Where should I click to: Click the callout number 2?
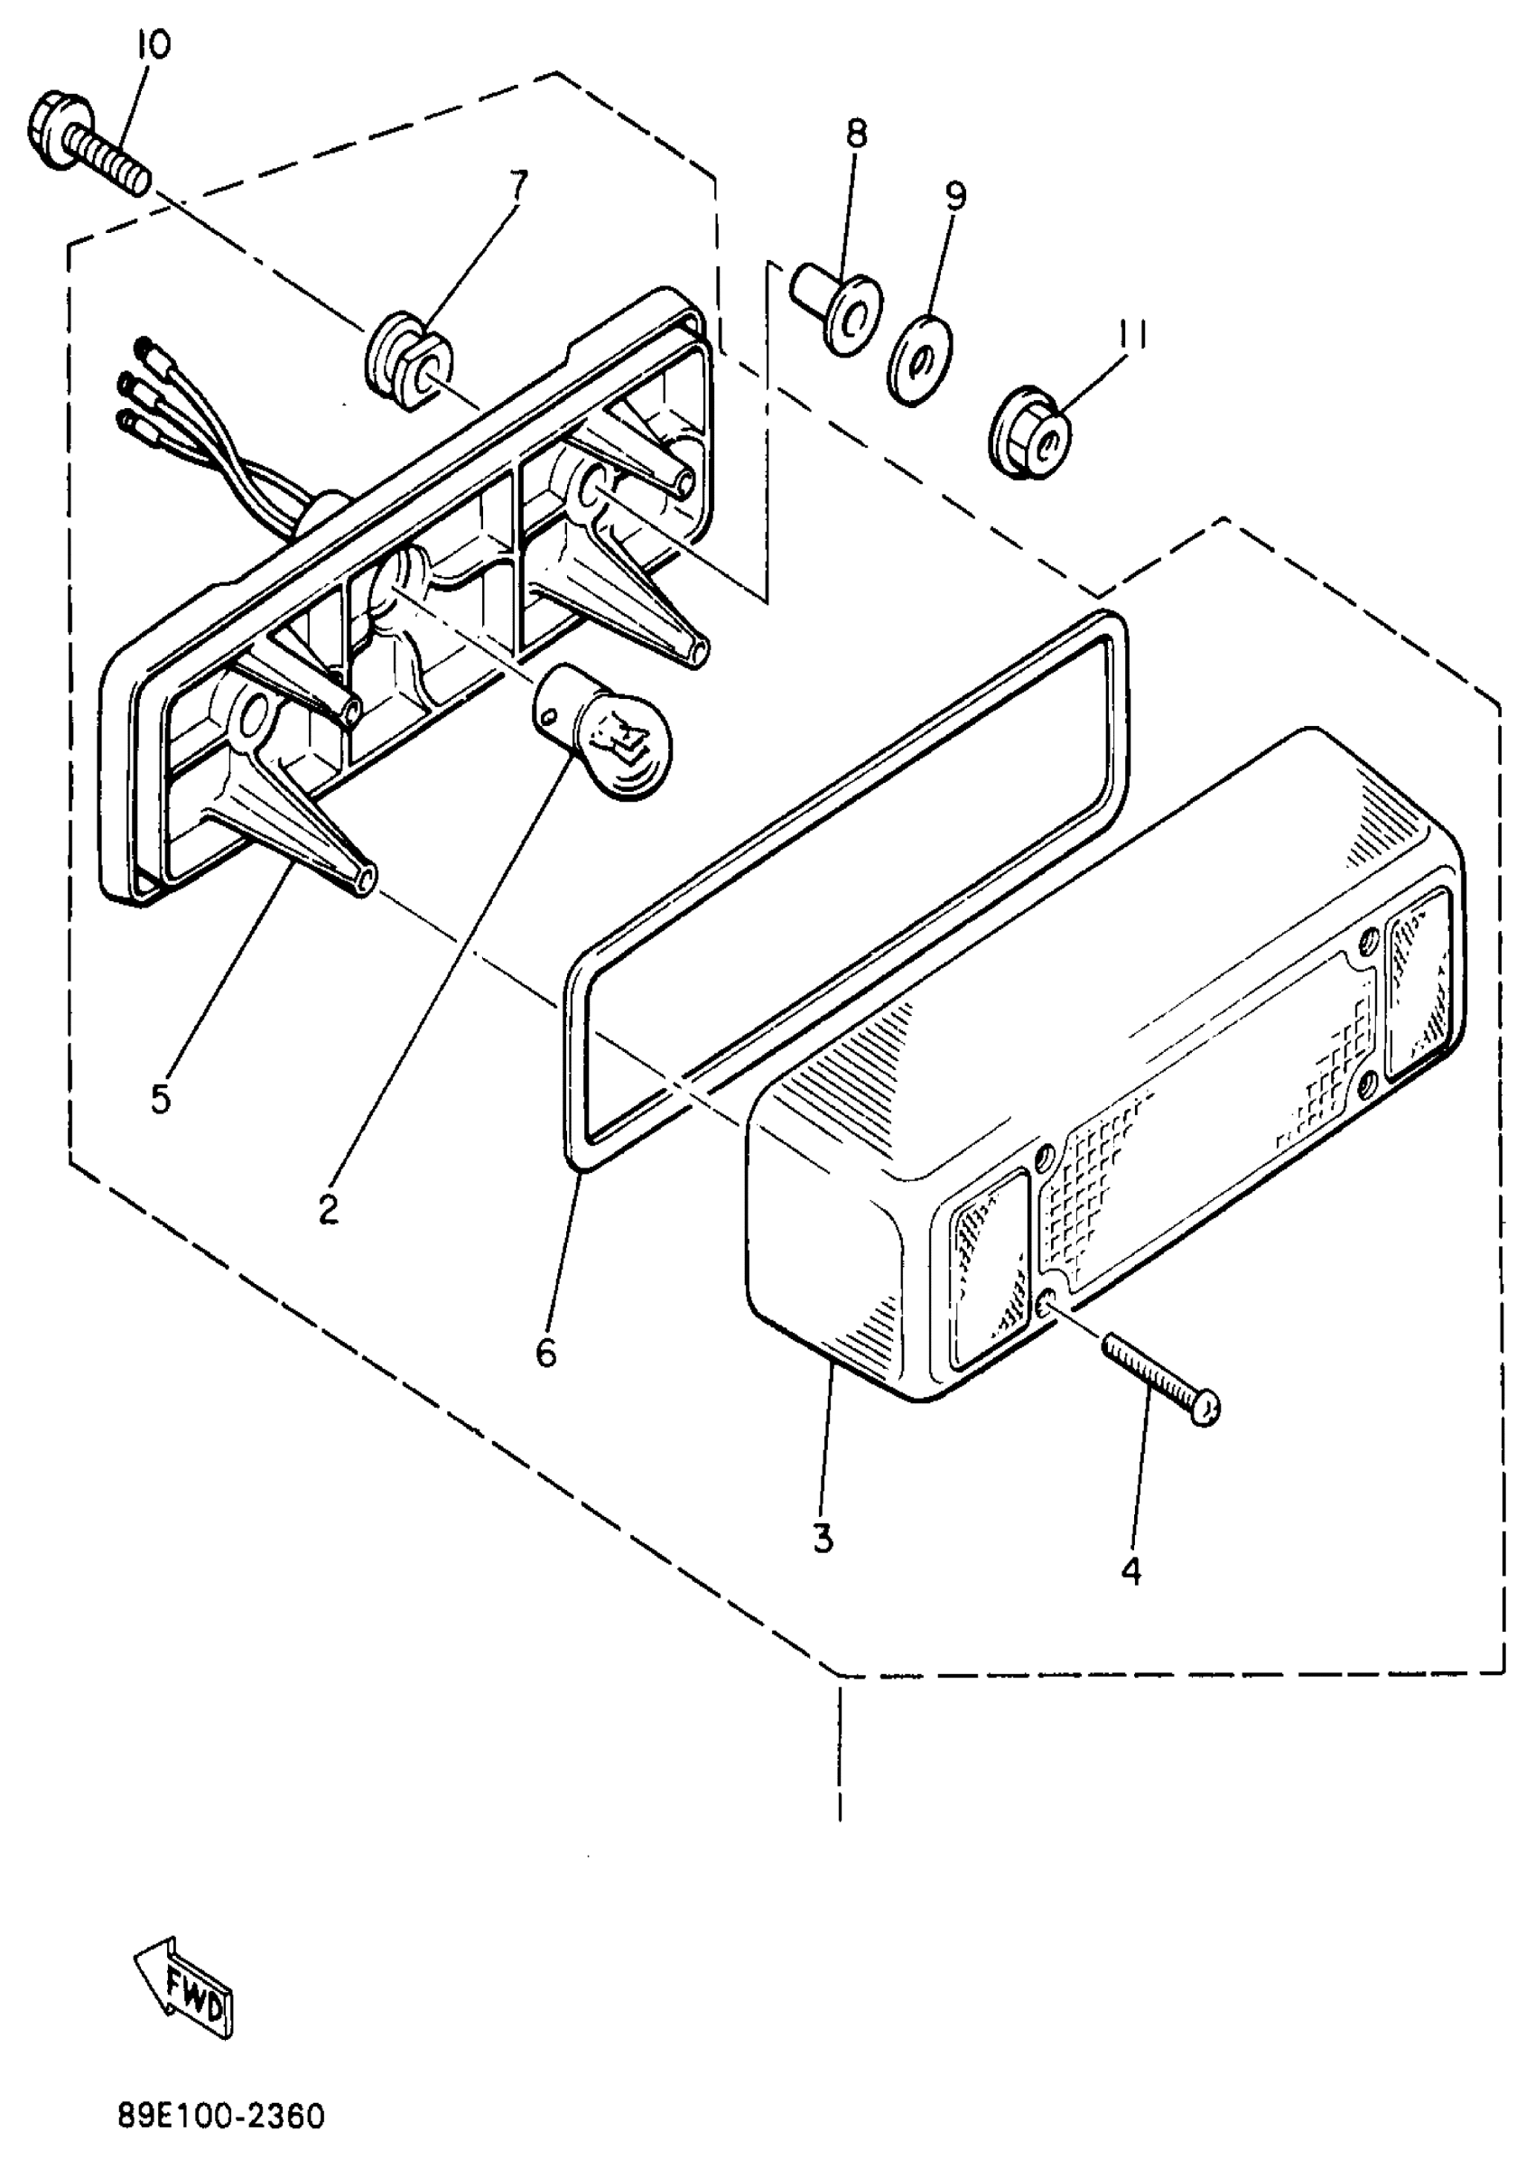point(328,1209)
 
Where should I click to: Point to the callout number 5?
point(161,1098)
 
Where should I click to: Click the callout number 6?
point(546,1354)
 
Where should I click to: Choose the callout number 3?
point(823,1539)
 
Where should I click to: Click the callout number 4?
point(1131,1571)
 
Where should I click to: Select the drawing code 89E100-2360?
point(221,2116)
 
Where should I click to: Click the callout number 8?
point(855,135)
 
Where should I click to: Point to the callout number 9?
point(955,196)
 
